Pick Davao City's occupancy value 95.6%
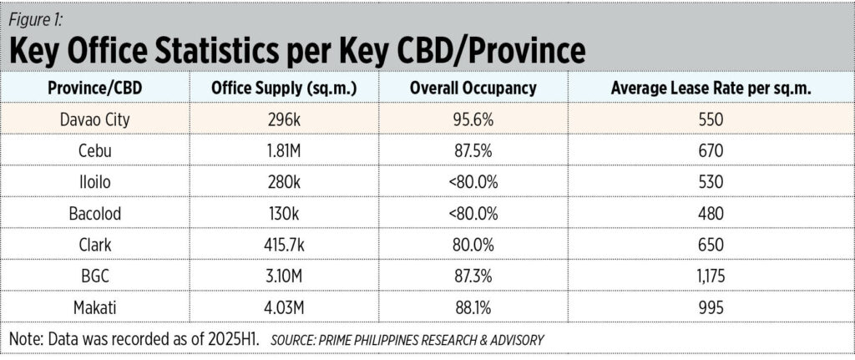[473, 119]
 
